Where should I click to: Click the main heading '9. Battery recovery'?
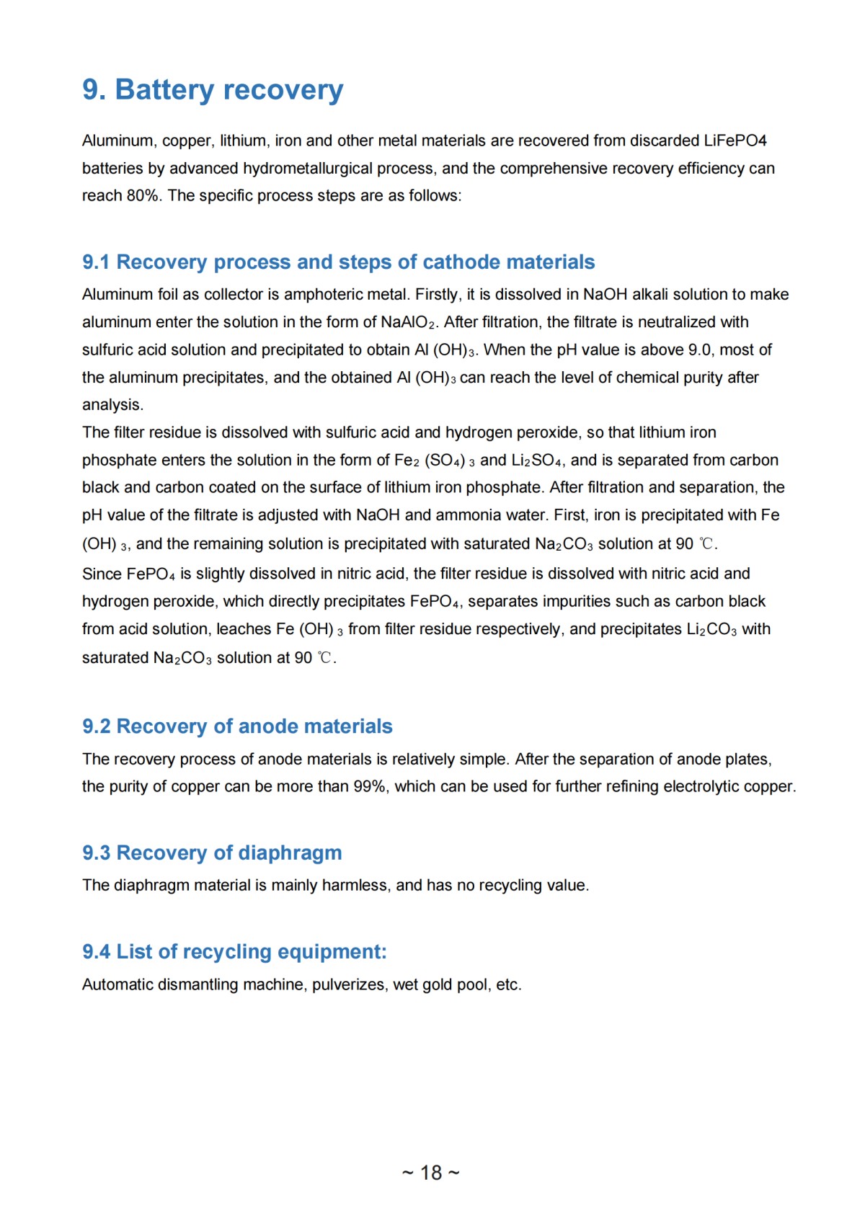213,90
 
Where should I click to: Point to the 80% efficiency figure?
143,196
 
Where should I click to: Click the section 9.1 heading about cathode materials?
338,262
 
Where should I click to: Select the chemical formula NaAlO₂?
409,323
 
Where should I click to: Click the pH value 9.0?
700,350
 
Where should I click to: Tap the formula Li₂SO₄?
538,461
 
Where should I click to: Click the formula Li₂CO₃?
711,630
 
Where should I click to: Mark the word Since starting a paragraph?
102,574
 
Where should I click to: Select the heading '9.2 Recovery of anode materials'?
237,726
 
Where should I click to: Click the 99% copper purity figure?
369,787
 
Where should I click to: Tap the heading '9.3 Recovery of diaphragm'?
212,853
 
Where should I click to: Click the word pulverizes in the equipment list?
348,985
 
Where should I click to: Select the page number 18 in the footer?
431,1173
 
